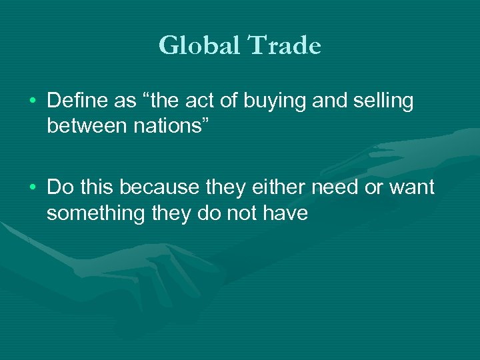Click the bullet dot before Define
pyautogui.click(x=33, y=102)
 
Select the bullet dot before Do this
pyautogui.click(x=33, y=188)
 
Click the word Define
pyautogui.click(x=76, y=101)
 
